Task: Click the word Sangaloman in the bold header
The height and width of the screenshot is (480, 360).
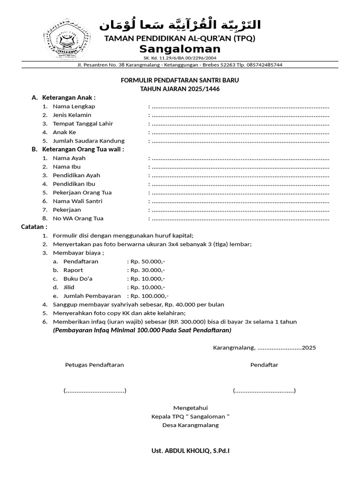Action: (x=180, y=49)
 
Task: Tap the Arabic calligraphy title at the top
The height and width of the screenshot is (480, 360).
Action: (x=180, y=25)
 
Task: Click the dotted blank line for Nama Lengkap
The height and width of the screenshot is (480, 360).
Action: (x=240, y=107)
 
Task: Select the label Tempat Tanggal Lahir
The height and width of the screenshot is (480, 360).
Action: (x=82, y=124)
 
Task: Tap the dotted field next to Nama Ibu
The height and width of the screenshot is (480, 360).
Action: (x=240, y=167)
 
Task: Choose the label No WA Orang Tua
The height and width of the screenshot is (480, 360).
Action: (x=78, y=218)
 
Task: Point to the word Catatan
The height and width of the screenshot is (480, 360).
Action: (x=34, y=227)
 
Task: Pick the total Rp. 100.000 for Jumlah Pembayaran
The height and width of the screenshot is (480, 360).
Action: (x=150, y=296)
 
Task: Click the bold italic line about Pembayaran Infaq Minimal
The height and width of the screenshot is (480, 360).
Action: (x=142, y=330)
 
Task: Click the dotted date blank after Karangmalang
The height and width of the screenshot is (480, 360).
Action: (x=279, y=348)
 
